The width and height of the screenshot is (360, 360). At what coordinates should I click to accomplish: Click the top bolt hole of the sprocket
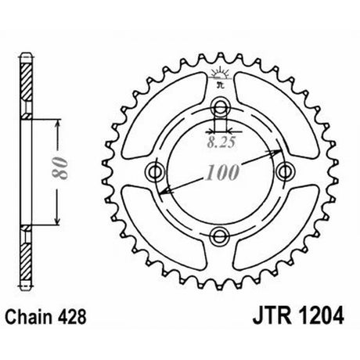point(221,106)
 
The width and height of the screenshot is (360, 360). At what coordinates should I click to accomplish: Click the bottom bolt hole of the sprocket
point(220,236)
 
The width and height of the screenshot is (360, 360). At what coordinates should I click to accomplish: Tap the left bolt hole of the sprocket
point(155,171)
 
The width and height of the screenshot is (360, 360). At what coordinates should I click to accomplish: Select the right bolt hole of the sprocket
point(286,171)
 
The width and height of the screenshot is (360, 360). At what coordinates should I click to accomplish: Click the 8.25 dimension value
point(221,142)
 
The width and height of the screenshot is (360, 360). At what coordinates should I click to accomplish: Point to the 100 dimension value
point(222,172)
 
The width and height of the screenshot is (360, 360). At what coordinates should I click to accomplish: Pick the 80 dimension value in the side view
point(60,168)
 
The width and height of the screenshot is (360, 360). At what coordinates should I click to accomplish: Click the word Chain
point(28,317)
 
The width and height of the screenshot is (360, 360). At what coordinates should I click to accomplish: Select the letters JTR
point(272,315)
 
